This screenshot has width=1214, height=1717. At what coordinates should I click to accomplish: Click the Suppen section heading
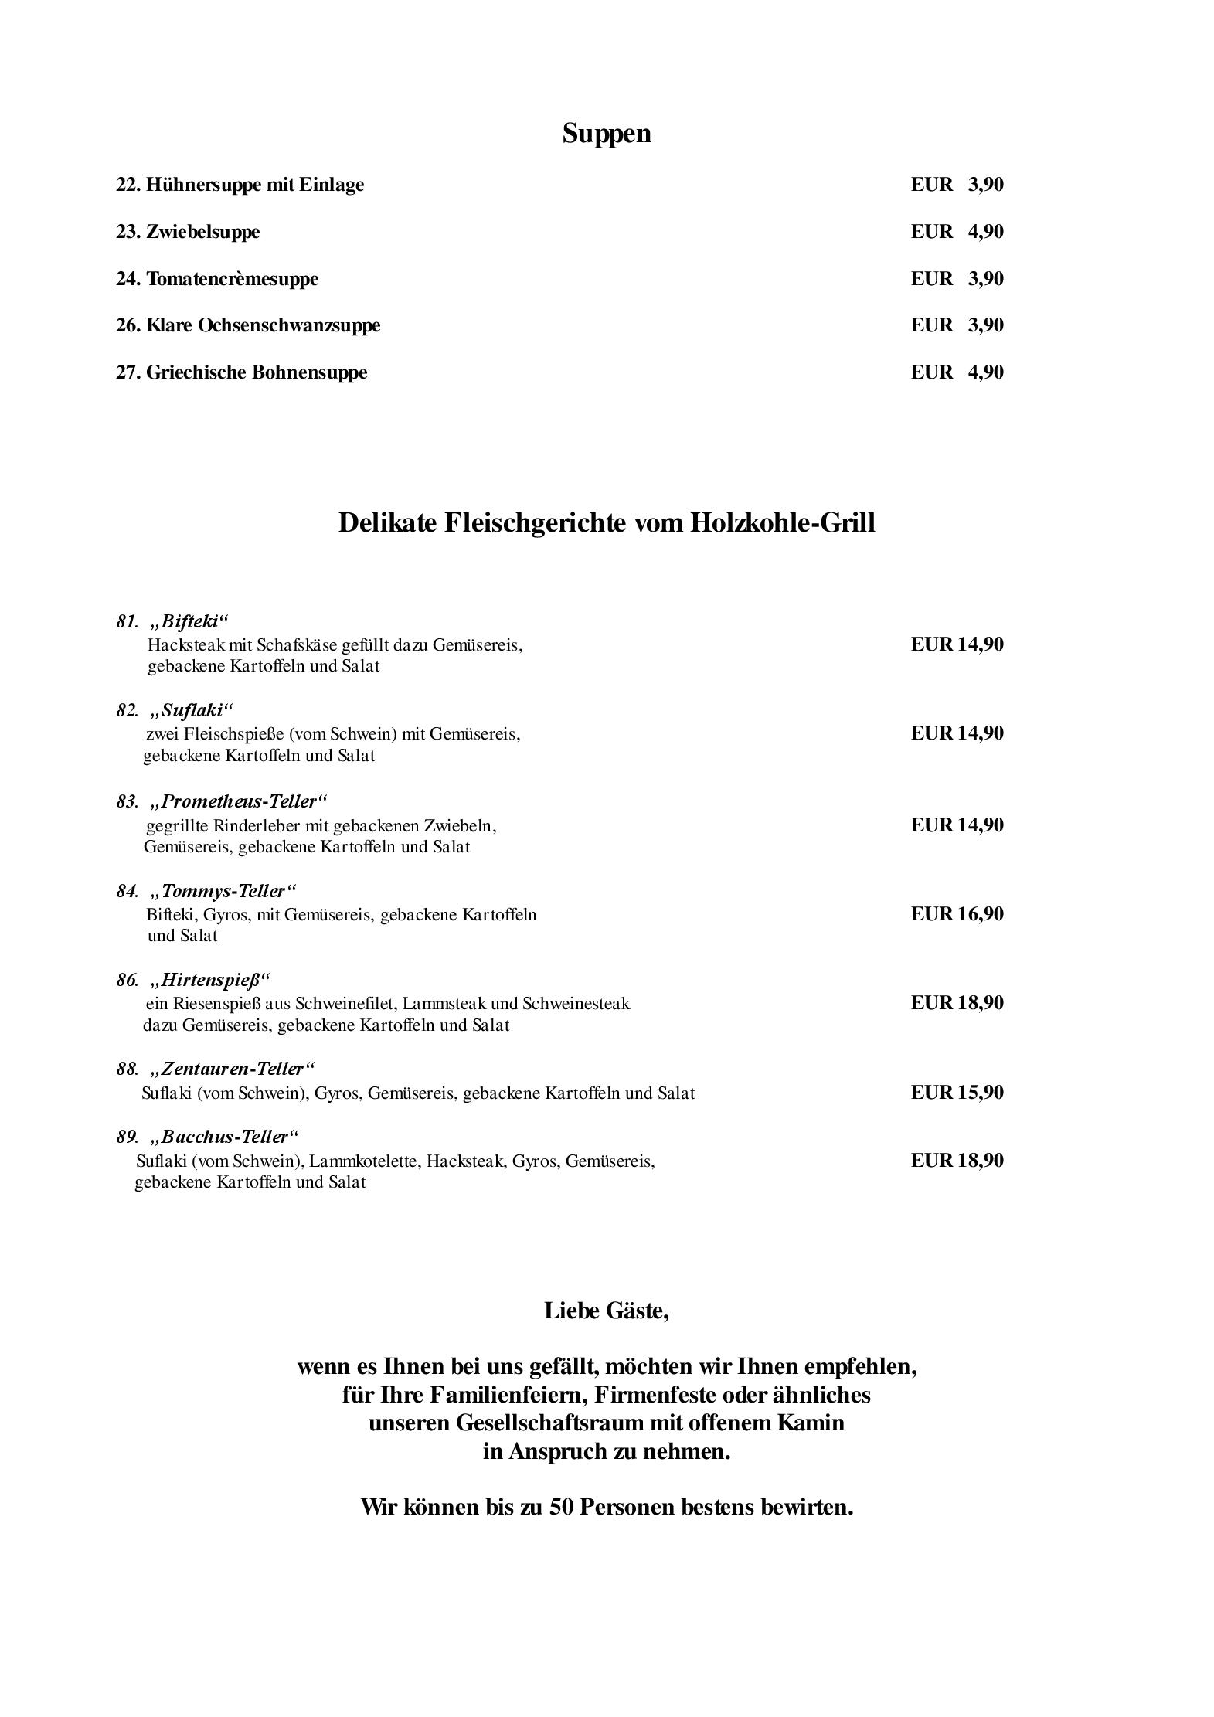point(607,134)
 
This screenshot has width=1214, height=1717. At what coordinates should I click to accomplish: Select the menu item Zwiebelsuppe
point(202,232)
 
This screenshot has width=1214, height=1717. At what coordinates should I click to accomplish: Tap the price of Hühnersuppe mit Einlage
point(957,185)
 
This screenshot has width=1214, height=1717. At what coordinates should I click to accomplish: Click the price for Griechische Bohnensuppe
point(957,372)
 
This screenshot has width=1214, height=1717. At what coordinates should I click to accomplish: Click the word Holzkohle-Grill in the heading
point(782,523)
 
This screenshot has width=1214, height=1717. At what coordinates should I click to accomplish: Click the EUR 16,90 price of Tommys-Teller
point(957,914)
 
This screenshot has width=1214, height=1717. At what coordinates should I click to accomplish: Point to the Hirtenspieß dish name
point(211,981)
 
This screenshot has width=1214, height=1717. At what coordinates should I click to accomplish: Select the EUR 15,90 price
point(957,1093)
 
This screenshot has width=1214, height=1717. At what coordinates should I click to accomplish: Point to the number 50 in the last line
point(561,1507)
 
